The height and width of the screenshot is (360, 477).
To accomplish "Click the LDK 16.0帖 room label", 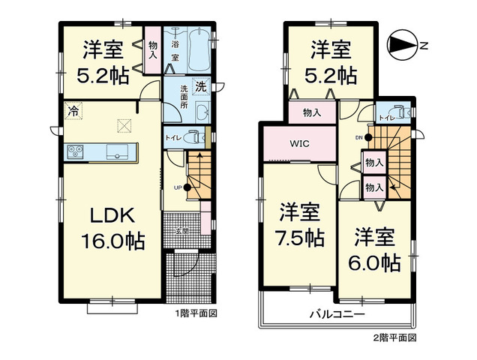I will tap(112, 229).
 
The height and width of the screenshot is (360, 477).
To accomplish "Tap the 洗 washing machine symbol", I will tap(201, 86).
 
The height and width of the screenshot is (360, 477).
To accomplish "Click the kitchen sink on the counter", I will tap(118, 151).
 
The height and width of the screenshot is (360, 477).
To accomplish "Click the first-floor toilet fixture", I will tap(195, 138).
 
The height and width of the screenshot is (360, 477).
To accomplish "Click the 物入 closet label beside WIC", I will tap(311, 113).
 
